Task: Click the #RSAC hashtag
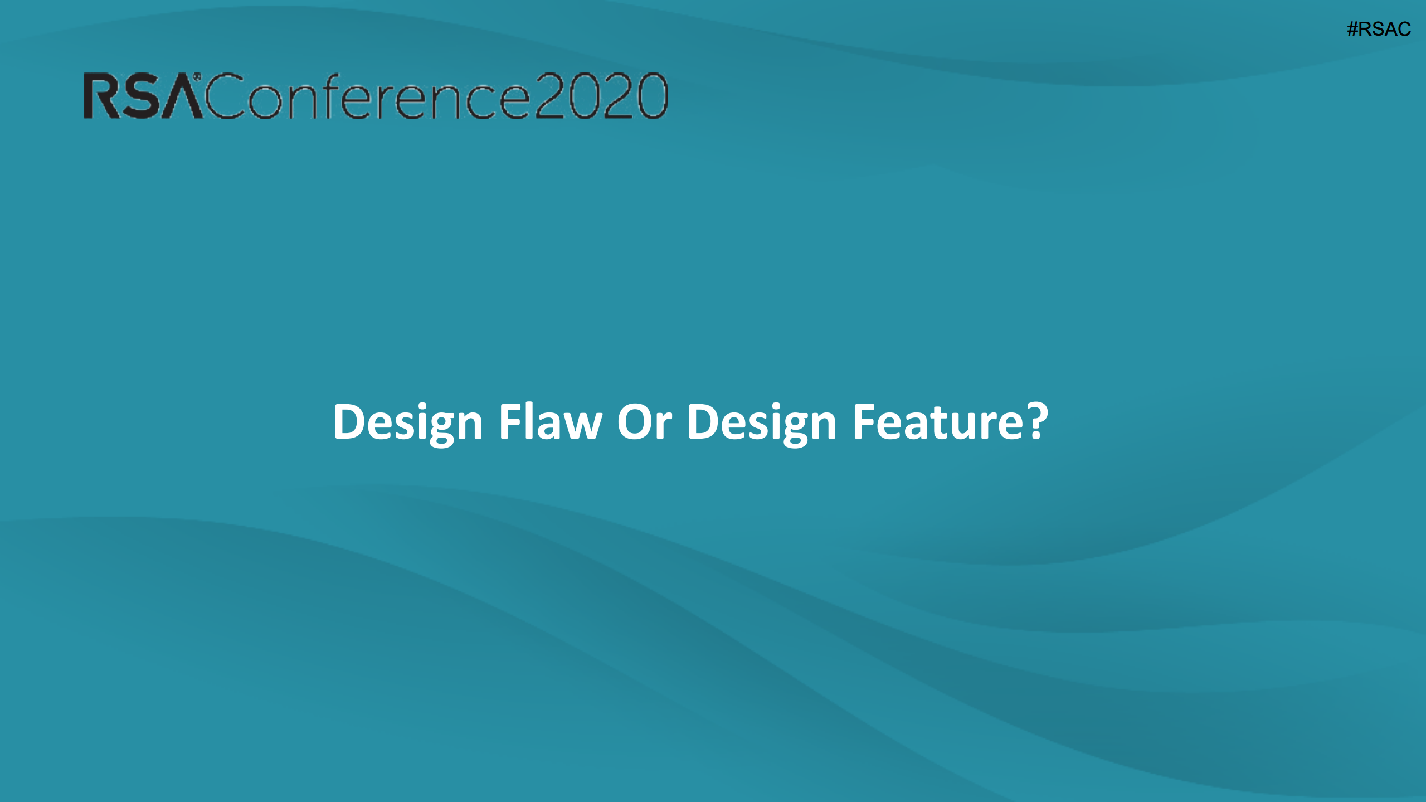pyautogui.click(x=1379, y=29)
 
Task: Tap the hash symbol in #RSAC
pyautogui.click(x=1352, y=29)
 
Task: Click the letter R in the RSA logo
pyautogui.click(x=102, y=96)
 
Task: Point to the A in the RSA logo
pyautogui.click(x=181, y=97)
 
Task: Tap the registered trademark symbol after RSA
pyautogui.click(x=197, y=76)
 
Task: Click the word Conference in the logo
pyautogui.click(x=367, y=96)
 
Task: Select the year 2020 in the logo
pyautogui.click(x=601, y=96)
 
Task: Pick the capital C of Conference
pyautogui.click(x=225, y=96)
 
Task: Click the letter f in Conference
pyautogui.click(x=327, y=96)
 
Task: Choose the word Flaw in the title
pyautogui.click(x=551, y=421)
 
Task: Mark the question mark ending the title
pyautogui.click(x=1038, y=421)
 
